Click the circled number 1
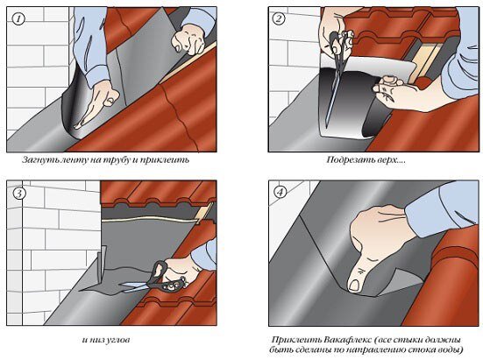coord(18,19)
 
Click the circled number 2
coord(279,18)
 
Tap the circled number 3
coord(19,194)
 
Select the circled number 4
coord(280,193)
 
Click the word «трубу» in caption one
coord(116,160)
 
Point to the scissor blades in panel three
coord(136,286)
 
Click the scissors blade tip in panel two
coord(327,127)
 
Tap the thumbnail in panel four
coord(354,285)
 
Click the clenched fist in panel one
coord(189,39)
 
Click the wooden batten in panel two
coord(426,62)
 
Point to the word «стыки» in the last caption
coord(409,341)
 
